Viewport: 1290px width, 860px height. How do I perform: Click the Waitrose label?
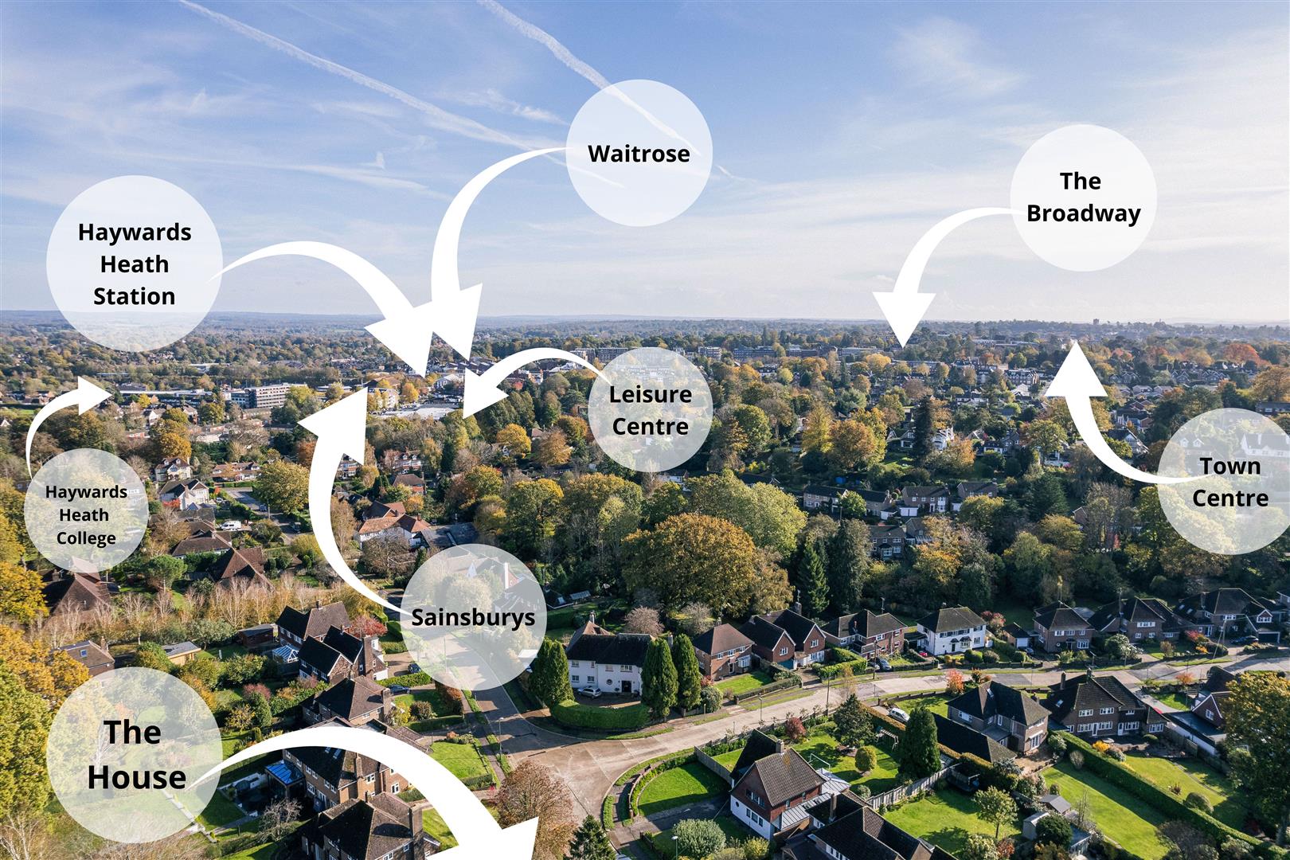point(639,153)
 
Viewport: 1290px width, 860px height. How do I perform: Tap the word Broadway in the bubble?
point(1083,213)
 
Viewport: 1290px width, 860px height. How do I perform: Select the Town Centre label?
point(1229,482)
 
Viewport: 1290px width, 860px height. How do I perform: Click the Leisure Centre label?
point(650,410)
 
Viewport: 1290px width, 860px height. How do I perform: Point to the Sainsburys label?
point(473,617)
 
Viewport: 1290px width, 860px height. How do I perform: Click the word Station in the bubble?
point(134,296)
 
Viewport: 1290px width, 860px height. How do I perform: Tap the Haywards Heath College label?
point(86,514)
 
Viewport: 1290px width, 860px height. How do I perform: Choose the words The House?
point(135,754)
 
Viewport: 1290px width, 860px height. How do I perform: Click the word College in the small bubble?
point(86,538)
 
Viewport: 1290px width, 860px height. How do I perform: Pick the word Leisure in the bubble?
point(650,394)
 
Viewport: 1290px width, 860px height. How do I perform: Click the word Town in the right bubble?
point(1229,466)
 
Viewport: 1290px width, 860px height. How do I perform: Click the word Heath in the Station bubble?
point(134,264)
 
